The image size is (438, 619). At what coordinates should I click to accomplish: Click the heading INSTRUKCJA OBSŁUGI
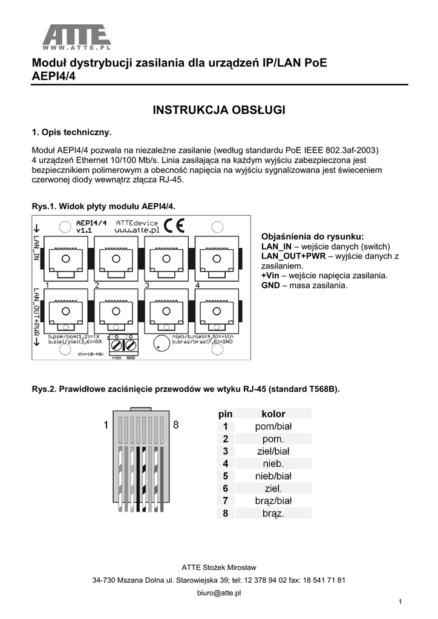pos(218,110)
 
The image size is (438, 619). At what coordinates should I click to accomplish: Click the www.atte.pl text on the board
pos(137,230)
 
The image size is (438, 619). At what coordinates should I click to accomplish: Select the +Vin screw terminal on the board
pos(117,345)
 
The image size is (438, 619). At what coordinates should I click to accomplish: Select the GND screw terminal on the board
pos(129,345)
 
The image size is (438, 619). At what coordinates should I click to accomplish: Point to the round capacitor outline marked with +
pos(160,343)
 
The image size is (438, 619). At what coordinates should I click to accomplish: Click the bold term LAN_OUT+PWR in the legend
pos(293,256)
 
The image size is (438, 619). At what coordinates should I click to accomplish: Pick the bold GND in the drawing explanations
pos(270,285)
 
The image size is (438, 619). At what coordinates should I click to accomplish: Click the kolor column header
pos(273,414)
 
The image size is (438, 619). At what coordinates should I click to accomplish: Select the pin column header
pos(225,414)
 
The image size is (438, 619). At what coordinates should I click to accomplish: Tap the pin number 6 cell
pos(225,488)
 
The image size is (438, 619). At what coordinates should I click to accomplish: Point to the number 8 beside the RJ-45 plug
pos(176,425)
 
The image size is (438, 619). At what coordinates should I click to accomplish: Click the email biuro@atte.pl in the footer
pos(219,593)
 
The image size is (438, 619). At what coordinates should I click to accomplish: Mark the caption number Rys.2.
pos(42,389)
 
